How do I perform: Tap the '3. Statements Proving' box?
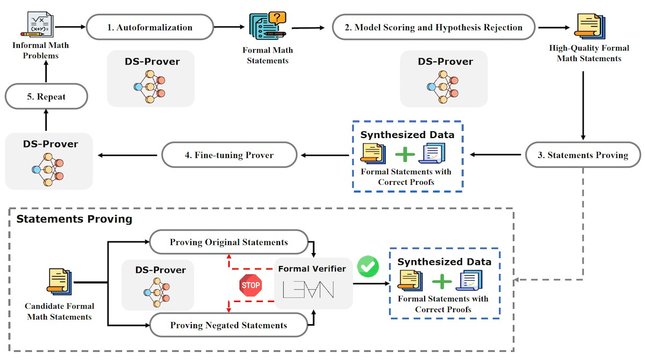pyautogui.click(x=583, y=155)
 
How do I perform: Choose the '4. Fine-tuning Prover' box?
pyautogui.click(x=229, y=155)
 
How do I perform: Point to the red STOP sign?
pyautogui.click(x=250, y=285)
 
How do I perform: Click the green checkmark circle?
pyautogui.click(x=368, y=266)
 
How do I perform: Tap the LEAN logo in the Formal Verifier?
pyautogui.click(x=308, y=290)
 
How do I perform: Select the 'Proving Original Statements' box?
pyautogui.click(x=228, y=242)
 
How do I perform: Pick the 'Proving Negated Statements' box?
pyautogui.click(x=228, y=325)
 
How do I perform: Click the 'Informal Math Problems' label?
pyautogui.click(x=40, y=49)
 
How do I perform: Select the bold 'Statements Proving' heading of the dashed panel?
pyautogui.click(x=75, y=219)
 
